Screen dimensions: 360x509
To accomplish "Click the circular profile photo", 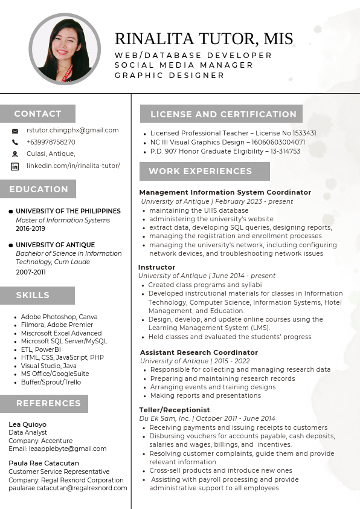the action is click(x=65, y=48).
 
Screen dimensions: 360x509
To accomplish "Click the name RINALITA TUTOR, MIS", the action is click(x=204, y=39).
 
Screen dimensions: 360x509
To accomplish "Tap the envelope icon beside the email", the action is click(x=15, y=131).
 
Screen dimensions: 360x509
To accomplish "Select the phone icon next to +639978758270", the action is click(x=15, y=142).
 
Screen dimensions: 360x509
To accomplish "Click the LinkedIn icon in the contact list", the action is click(x=15, y=166).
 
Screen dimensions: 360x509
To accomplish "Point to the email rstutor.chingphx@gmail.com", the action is click(x=72, y=130).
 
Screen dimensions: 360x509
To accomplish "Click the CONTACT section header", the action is click(x=37, y=114).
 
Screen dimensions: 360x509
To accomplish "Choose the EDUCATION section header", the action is click(x=39, y=189).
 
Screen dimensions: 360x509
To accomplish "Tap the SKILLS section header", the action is click(x=33, y=295).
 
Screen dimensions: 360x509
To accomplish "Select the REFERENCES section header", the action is click(x=48, y=403).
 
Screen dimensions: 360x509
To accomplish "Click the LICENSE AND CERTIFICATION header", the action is click(x=223, y=114).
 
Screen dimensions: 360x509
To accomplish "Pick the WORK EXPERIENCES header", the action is click(x=201, y=171).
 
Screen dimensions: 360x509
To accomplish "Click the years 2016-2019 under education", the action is click(x=30, y=229).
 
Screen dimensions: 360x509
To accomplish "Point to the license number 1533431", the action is click(x=304, y=133).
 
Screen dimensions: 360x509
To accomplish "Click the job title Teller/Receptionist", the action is click(x=175, y=410).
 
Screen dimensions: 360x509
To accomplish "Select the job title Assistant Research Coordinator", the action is click(x=199, y=352).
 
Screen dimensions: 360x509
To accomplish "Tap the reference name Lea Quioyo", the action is click(x=27, y=424).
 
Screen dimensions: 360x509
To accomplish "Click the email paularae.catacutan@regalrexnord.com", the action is click(x=68, y=488).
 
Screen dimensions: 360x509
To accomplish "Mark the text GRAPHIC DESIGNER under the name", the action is click(x=170, y=76).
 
